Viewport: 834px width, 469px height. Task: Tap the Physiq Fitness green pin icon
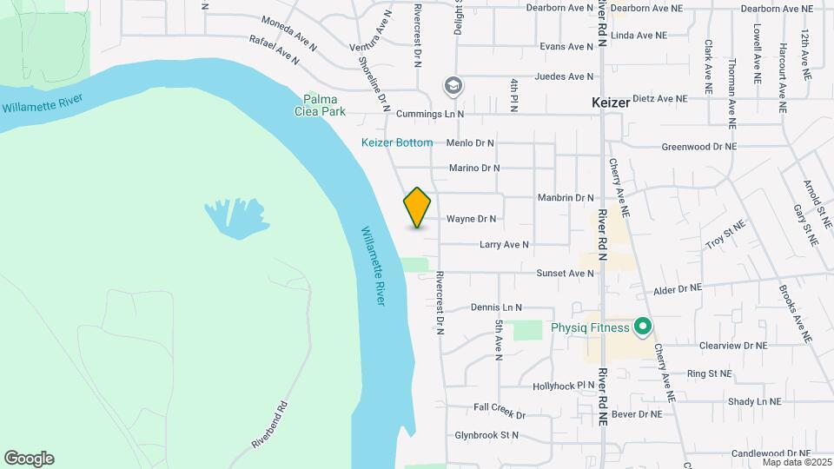click(x=643, y=327)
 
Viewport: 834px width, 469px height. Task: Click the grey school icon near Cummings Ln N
click(x=453, y=86)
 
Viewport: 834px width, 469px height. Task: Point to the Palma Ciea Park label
click(x=324, y=105)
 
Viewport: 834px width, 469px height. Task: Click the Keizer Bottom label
click(x=396, y=142)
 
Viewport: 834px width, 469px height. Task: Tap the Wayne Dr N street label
click(x=471, y=219)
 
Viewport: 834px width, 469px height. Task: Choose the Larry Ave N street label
click(x=504, y=245)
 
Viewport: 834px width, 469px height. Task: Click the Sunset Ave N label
click(x=565, y=273)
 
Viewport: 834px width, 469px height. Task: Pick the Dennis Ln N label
click(x=495, y=307)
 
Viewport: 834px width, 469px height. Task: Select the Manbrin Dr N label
click(x=565, y=198)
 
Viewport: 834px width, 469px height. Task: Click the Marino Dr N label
click(x=474, y=168)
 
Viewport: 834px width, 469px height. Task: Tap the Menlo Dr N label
click(x=469, y=142)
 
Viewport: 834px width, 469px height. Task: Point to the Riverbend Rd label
click(x=270, y=425)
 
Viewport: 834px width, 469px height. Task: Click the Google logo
click(x=29, y=459)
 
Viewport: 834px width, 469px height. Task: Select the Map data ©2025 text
click(x=797, y=462)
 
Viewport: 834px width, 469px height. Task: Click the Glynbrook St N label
click(x=486, y=435)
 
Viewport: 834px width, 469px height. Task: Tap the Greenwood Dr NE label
click(x=698, y=147)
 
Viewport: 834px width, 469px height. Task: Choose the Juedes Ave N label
click(x=564, y=76)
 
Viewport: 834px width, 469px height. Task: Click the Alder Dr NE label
click(x=676, y=287)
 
